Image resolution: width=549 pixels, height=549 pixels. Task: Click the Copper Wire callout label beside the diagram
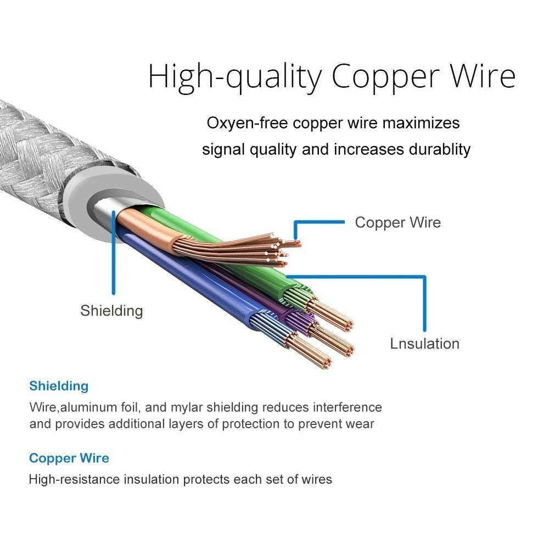tap(397, 222)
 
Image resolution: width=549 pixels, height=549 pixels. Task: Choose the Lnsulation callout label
tap(425, 344)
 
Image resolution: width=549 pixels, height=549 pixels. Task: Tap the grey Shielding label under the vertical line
tap(111, 311)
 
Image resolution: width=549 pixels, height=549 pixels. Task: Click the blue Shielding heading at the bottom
tap(59, 386)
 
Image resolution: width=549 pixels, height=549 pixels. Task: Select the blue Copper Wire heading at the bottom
tap(69, 458)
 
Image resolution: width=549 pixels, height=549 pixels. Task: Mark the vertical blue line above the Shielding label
tap(114, 252)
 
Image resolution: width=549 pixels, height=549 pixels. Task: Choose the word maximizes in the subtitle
tap(421, 123)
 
